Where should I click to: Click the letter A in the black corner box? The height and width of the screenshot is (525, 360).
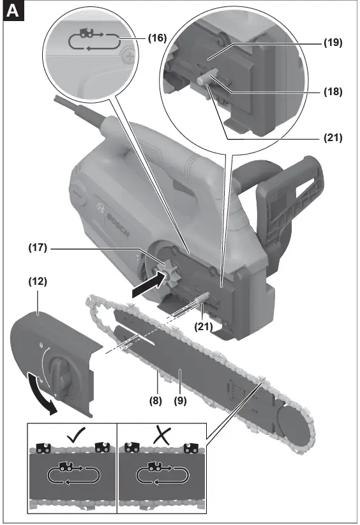pos(12,11)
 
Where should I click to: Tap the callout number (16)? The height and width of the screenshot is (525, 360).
pos(156,38)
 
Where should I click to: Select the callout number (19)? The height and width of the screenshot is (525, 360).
pos(333,43)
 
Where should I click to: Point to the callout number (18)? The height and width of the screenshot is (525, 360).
pos(333,91)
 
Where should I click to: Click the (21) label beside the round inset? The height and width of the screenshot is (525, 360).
pos(333,137)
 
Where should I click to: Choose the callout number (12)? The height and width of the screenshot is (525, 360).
pos(38,280)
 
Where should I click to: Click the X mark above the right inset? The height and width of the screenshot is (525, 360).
pos(161,437)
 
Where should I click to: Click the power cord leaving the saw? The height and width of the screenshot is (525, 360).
pos(77,108)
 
